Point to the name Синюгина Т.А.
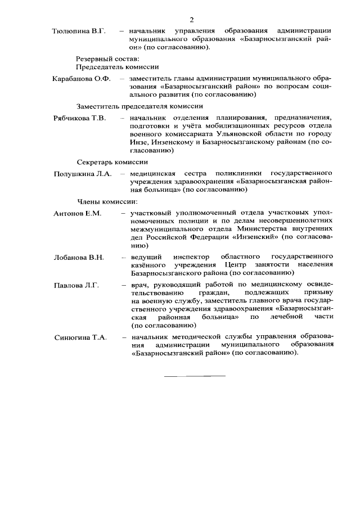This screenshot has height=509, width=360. [x=80, y=337]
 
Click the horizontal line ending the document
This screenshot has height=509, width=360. [x=194, y=375]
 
